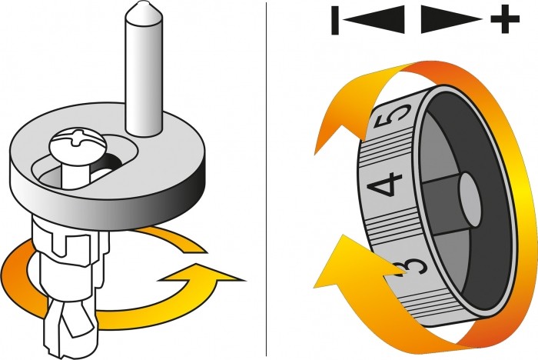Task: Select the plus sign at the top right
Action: pos(504,19)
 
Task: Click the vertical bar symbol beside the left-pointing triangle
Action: pos(336,19)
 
